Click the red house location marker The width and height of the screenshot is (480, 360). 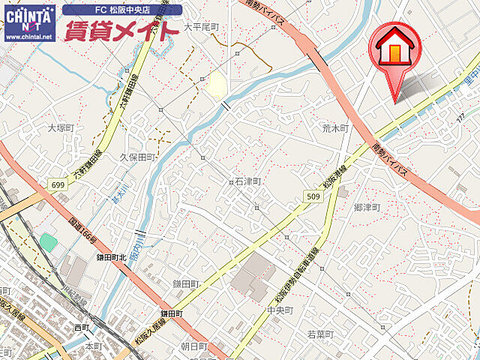[395, 51]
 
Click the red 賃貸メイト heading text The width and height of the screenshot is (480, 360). [121, 31]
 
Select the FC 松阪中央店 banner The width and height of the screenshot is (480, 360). [122, 10]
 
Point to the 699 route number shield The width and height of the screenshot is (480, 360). [58, 184]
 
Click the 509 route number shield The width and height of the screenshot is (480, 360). [314, 196]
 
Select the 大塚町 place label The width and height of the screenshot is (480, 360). [62, 128]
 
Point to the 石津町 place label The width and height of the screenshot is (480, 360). [247, 181]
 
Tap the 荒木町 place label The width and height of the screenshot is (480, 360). [334, 128]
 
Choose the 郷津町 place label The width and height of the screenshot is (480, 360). [367, 207]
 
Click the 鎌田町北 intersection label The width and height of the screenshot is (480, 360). [112, 257]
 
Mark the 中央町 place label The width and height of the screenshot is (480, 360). [280, 310]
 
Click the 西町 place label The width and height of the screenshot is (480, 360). [82, 328]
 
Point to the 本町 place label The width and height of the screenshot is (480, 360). [93, 346]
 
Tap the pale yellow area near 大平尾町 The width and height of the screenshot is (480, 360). [214, 83]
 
